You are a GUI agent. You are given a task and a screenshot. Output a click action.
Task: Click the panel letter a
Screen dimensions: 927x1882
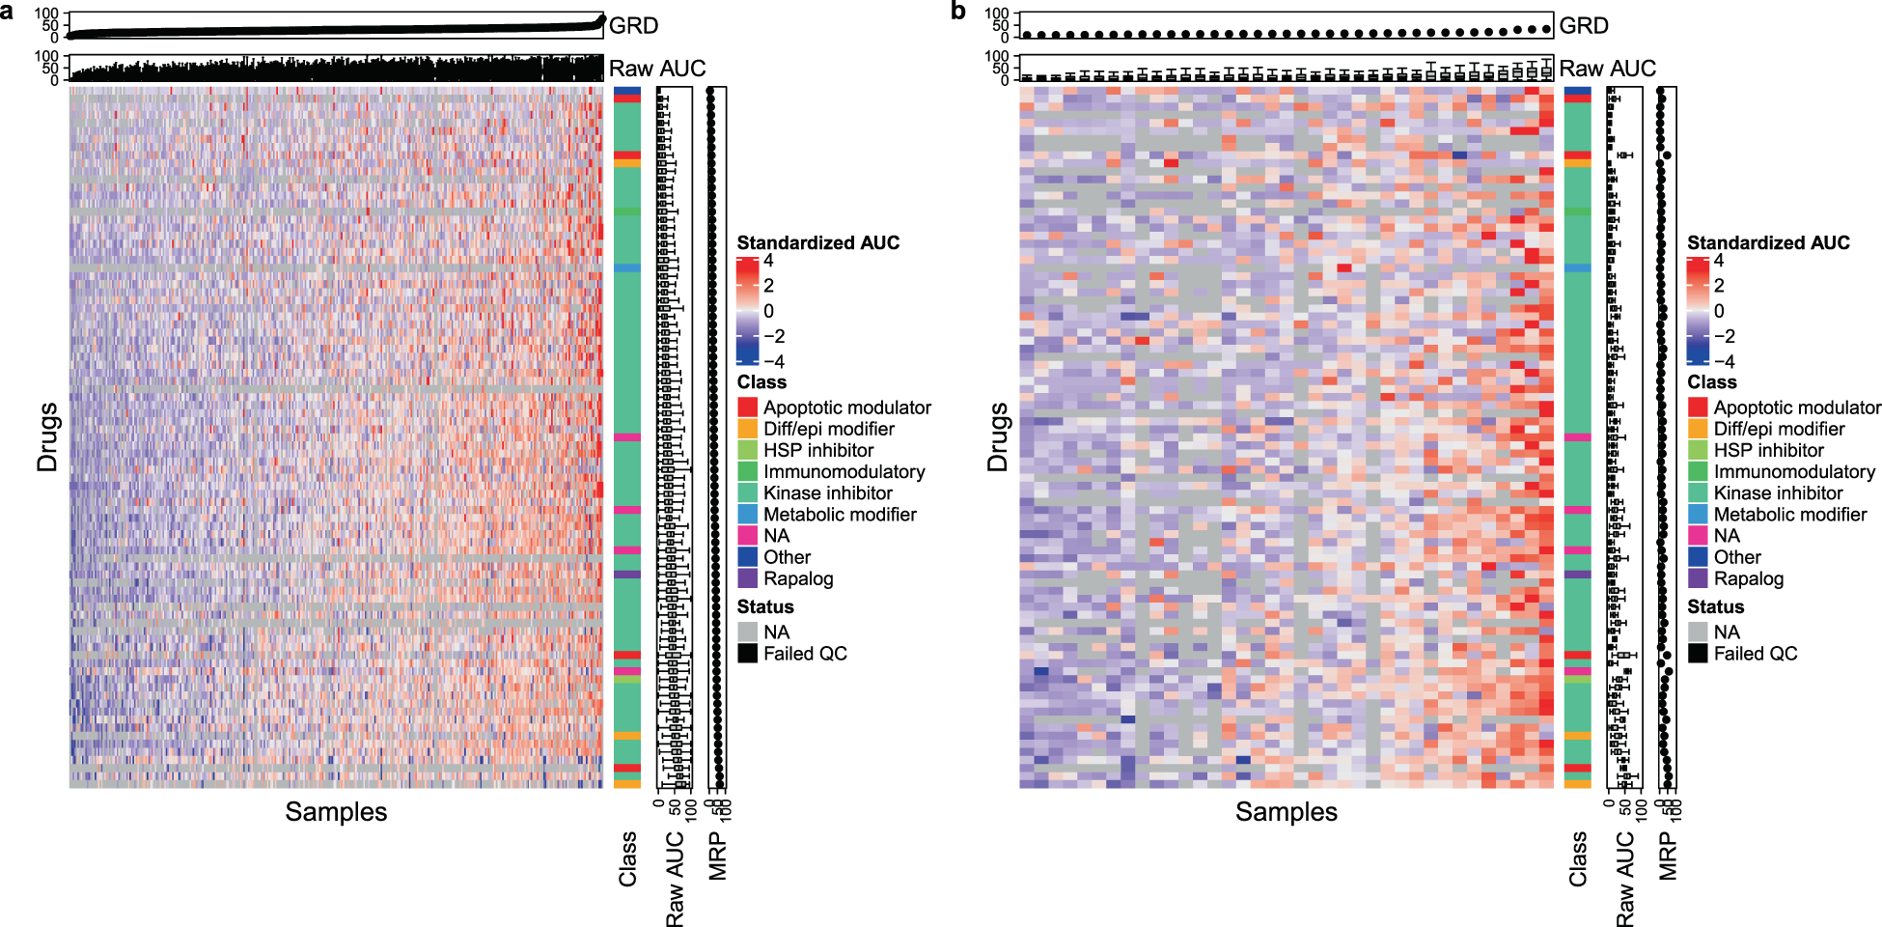tap(8, 11)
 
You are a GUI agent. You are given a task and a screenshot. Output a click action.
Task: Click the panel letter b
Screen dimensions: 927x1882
tap(957, 11)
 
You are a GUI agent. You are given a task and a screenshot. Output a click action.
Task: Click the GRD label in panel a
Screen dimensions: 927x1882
tap(633, 26)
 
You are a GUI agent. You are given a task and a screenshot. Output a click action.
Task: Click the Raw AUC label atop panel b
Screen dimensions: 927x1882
tap(1607, 69)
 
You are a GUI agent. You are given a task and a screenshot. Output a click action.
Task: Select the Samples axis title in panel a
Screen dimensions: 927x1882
tap(336, 812)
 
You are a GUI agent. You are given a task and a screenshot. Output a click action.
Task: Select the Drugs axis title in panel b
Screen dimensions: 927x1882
tap(997, 436)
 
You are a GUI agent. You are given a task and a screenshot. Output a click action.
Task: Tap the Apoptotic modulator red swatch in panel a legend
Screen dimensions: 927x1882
tap(747, 407)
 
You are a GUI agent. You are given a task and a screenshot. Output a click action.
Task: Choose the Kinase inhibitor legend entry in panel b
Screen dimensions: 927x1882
tap(1778, 493)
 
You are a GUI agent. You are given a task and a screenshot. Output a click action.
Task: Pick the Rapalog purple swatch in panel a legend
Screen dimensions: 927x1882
tap(747, 578)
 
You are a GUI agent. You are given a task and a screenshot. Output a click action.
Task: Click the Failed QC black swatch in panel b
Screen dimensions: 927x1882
tap(1698, 654)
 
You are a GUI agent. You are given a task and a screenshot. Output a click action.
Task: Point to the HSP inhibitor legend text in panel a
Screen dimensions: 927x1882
tap(818, 451)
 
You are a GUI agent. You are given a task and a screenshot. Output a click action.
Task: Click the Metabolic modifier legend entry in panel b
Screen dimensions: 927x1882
tap(1789, 515)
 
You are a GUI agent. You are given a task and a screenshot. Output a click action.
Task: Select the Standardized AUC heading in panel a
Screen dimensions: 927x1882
tap(817, 243)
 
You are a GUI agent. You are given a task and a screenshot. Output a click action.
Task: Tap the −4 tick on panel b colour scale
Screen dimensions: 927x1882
tap(1724, 362)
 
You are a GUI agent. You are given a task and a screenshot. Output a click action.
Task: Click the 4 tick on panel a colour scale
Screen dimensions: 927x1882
tap(768, 261)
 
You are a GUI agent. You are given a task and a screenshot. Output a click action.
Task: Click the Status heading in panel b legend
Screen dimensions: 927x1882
tap(1715, 607)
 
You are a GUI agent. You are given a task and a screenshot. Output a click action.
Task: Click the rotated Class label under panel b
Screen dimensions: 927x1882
tap(1578, 858)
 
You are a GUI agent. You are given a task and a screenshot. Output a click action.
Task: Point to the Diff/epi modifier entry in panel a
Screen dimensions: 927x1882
tap(828, 429)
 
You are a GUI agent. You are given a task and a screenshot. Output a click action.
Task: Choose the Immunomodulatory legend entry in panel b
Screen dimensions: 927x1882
tap(1793, 472)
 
